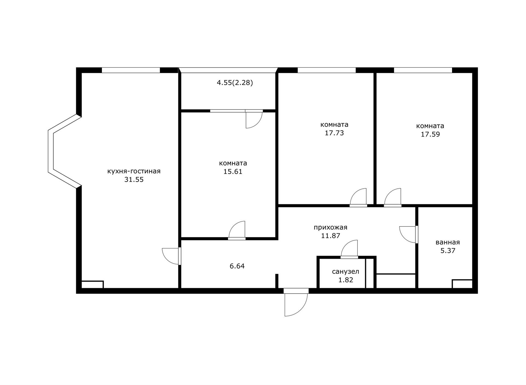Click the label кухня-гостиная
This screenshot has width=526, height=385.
[134, 171]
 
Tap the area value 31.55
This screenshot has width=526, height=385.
[134, 180]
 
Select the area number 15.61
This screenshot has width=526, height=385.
[233, 172]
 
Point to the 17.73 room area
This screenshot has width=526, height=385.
[334, 133]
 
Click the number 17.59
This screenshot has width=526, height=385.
[430, 134]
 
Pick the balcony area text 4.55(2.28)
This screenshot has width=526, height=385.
[235, 83]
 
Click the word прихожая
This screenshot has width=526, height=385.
[330, 227]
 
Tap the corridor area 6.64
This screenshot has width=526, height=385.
[237, 266]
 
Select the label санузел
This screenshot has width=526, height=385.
[345, 272]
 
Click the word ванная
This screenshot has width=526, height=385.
[448, 242]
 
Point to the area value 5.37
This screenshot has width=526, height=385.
[448, 251]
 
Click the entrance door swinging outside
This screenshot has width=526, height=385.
[296, 302]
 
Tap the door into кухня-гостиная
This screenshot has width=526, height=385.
[171, 256]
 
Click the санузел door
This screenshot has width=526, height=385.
[349, 249]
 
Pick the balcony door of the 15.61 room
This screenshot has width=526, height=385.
[254, 119]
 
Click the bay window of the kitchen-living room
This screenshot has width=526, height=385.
[65, 151]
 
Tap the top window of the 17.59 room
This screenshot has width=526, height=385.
[423, 70]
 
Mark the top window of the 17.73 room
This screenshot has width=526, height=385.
[327, 70]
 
